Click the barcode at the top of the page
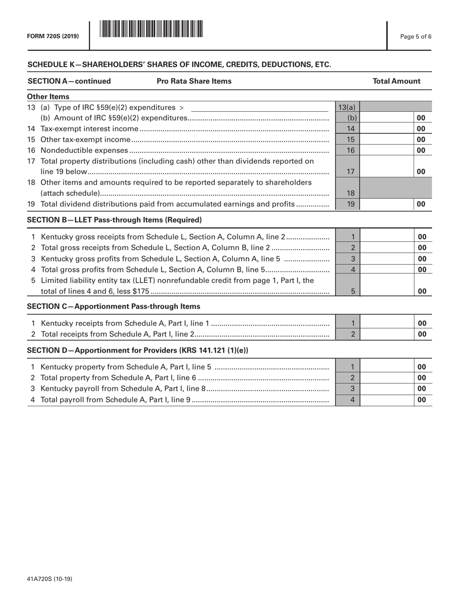click(151, 30)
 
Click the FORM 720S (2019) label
click(53, 35)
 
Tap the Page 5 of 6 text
click(416, 35)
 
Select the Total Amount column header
click(397, 81)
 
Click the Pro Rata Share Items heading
click(194, 81)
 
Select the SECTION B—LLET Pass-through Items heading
click(115, 220)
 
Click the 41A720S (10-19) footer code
click(50, 578)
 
